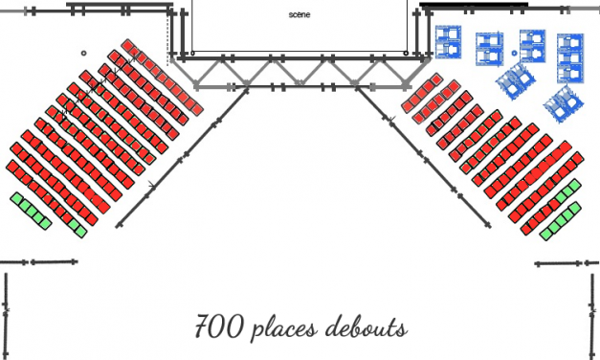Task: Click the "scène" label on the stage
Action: (300, 15)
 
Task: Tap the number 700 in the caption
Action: (219, 326)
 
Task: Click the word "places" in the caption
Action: (285, 328)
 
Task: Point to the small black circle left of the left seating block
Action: (84, 54)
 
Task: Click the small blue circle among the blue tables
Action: (514, 54)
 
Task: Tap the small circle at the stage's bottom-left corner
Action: (193, 54)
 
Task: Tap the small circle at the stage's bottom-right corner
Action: (406, 54)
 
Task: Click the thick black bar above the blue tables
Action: (474, 5)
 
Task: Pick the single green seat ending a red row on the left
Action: (80, 231)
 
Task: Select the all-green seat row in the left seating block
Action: (31, 211)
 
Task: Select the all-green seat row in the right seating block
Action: (561, 221)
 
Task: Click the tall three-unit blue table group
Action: (570, 58)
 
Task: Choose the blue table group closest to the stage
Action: (449, 42)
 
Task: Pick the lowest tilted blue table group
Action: (563, 103)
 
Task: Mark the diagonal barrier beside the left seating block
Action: (182, 158)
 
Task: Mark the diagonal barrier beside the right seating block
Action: (423, 157)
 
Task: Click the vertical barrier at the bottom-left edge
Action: (6, 316)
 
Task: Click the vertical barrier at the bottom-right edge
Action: (593, 316)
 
